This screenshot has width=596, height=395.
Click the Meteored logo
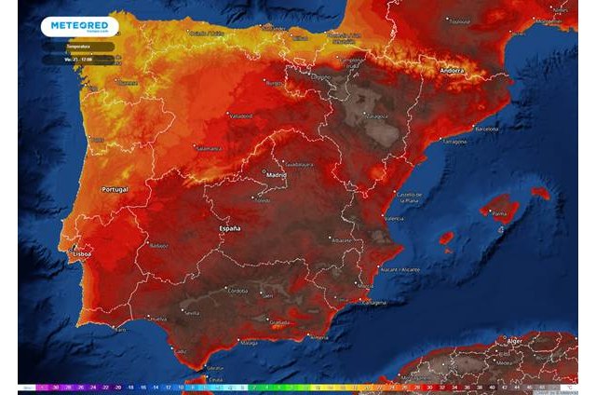point(78,26)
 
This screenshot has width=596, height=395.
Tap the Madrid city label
point(276,174)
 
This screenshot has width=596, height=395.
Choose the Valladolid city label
point(239,116)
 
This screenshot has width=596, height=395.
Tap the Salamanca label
point(207,148)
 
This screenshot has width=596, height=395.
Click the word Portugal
point(114,189)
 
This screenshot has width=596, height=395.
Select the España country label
point(229,228)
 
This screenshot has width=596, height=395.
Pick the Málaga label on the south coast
point(249,343)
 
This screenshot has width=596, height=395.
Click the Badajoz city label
point(158,246)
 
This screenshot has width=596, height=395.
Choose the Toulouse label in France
point(455,19)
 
